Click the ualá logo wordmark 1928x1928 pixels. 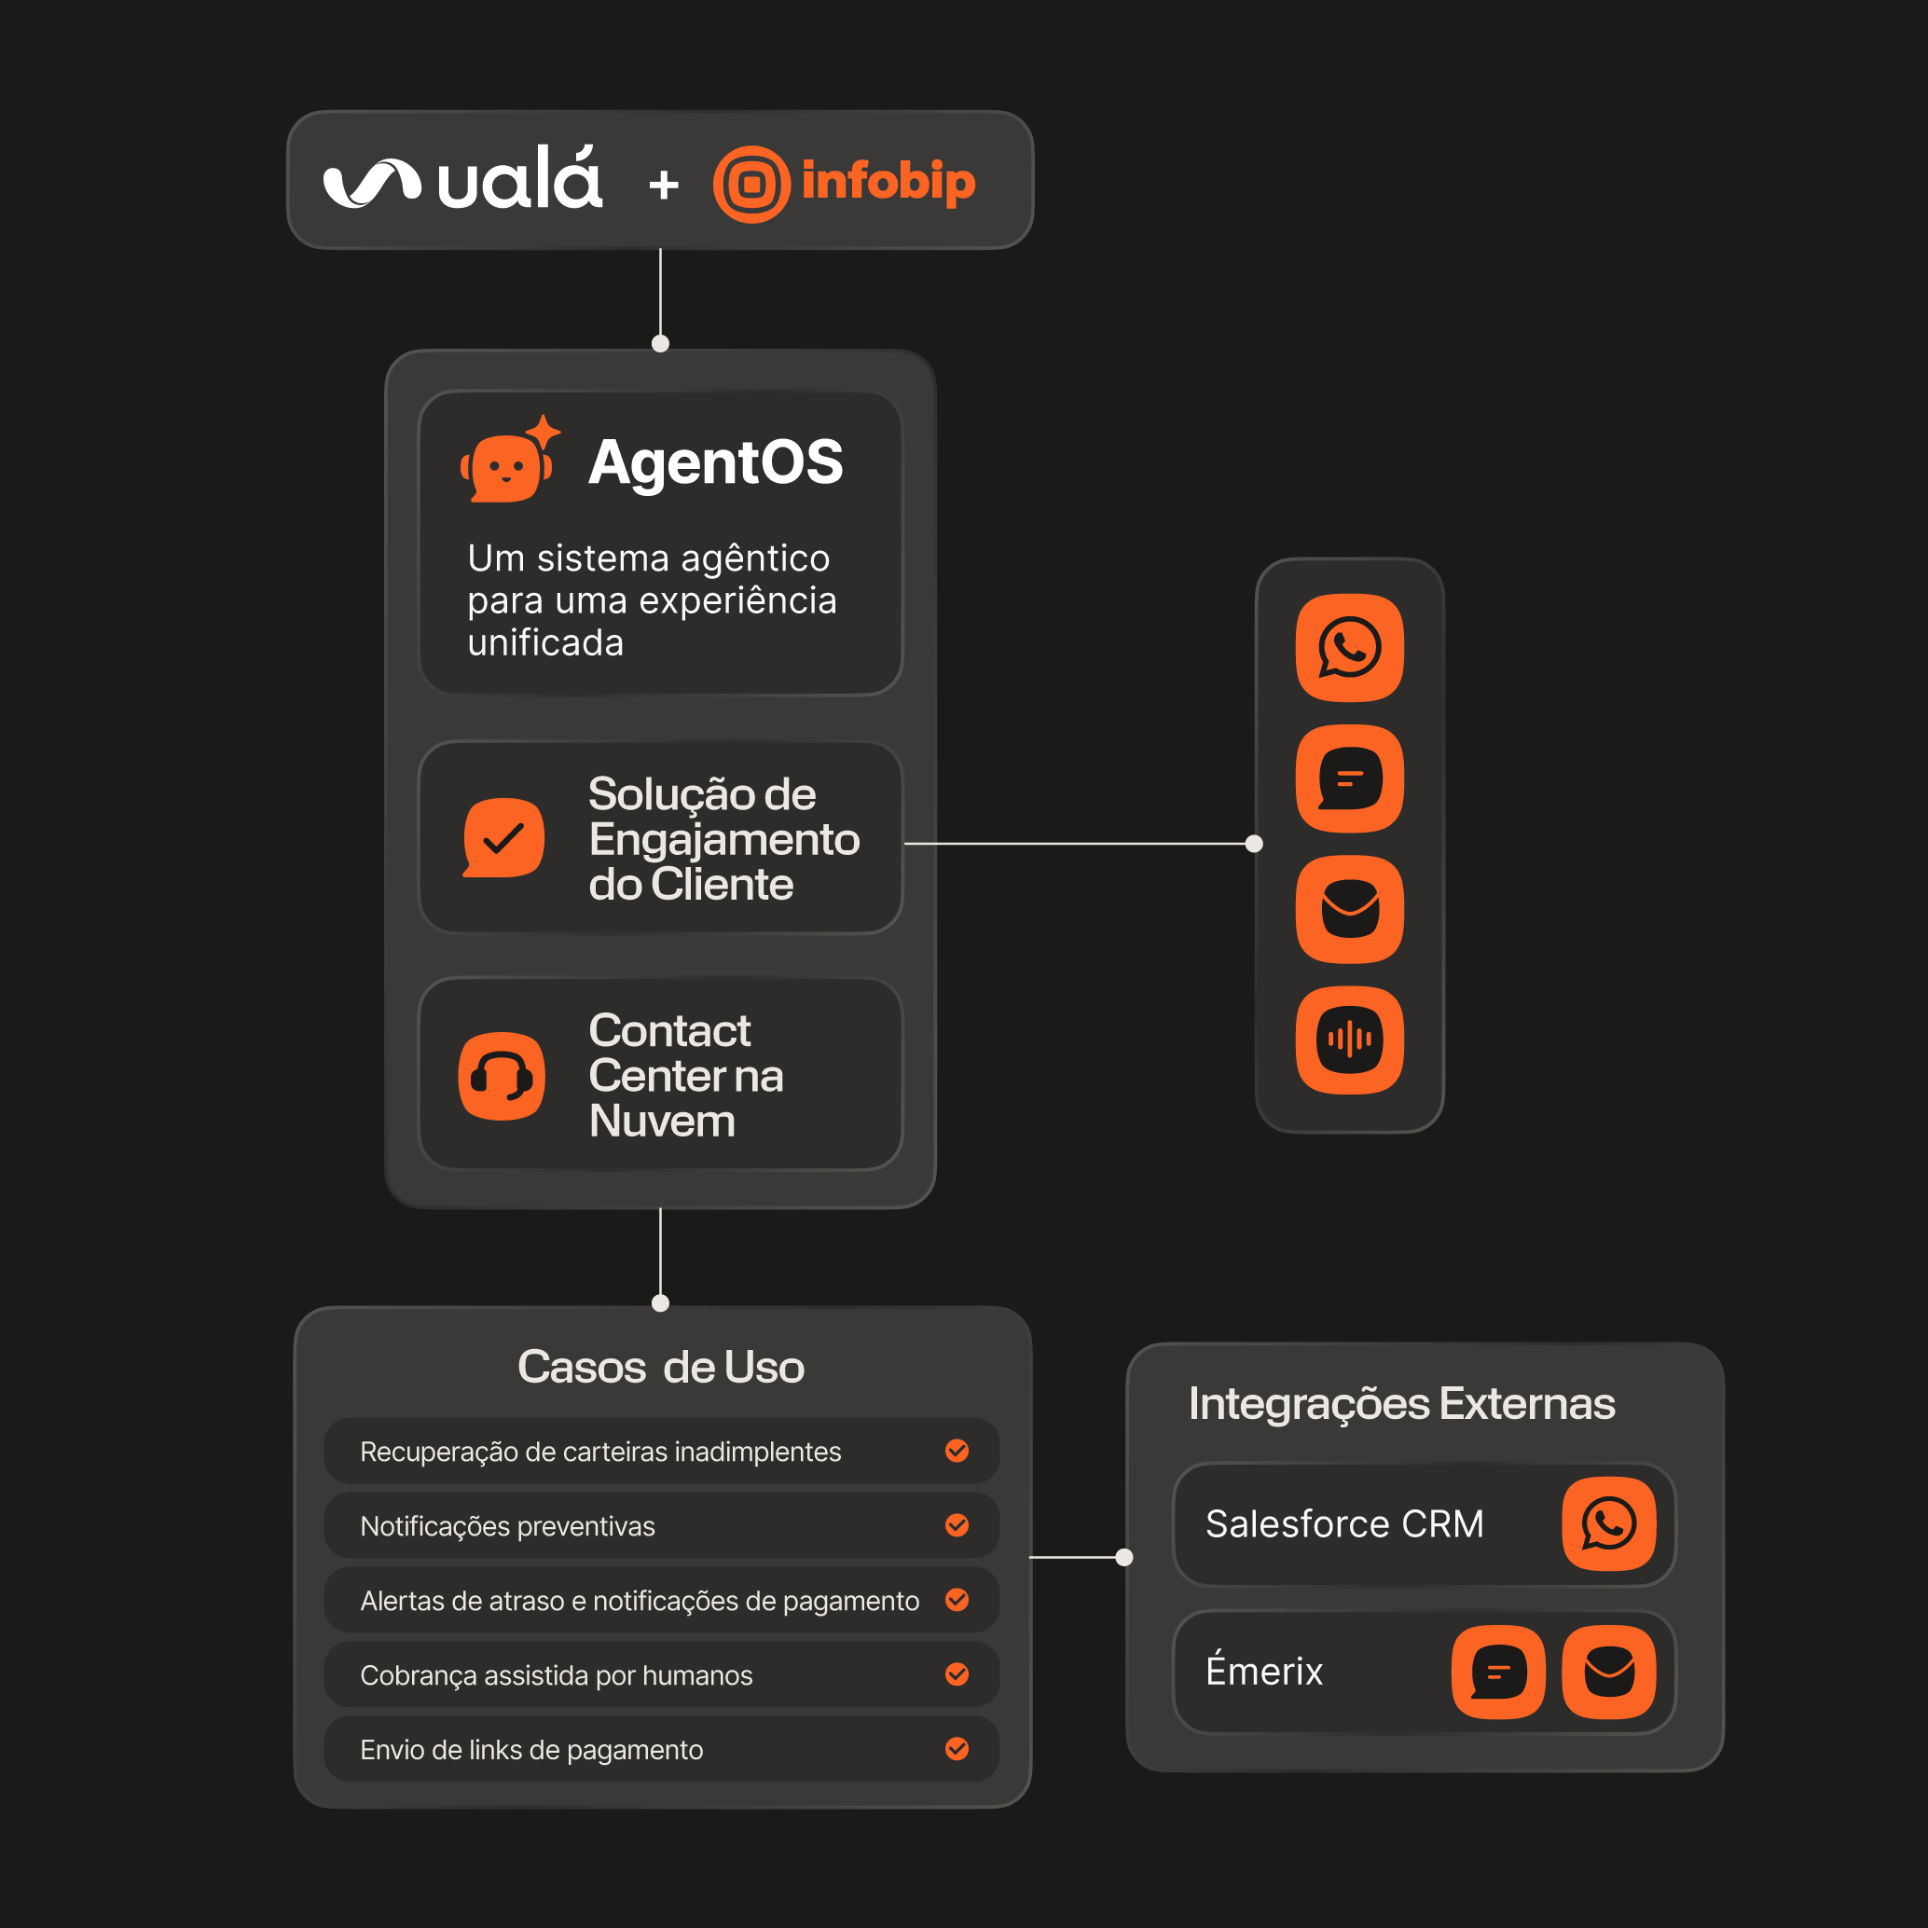519,181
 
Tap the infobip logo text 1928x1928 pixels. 888,182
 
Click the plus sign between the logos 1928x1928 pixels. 664,185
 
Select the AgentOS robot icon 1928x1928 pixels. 508,462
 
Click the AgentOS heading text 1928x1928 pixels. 715,462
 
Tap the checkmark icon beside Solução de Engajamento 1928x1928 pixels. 504,837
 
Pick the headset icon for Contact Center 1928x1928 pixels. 502,1076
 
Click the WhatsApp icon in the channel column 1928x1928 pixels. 1349,648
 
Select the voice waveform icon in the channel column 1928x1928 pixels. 1349,1040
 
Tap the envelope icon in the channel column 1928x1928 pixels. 1349,909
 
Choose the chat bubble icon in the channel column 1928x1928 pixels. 1349,778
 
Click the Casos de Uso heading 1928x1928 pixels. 661,1367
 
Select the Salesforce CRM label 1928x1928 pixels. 1344,1523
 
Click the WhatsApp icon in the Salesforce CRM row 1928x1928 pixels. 1608,1523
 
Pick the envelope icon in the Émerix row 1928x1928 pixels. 1608,1672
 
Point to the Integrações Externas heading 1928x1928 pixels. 1401,1403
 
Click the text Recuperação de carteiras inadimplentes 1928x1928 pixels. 600,1451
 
